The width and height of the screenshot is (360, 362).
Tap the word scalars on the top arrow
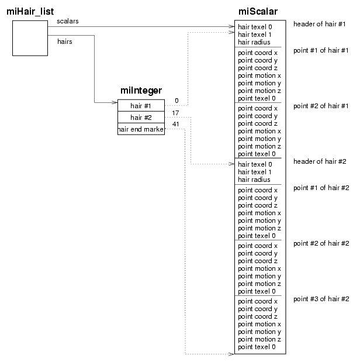68,21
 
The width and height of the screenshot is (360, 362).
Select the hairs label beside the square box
65,42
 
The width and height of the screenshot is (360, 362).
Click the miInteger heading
141,91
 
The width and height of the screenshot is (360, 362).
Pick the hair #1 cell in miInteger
141,105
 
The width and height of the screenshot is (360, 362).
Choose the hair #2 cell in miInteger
141,117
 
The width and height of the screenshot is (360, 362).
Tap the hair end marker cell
141,129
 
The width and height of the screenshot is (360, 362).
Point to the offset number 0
176,101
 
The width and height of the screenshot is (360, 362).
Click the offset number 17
176,112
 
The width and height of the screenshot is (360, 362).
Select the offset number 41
176,124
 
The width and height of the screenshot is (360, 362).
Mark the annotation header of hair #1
320,24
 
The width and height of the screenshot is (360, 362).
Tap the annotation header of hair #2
320,161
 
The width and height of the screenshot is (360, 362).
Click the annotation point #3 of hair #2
321,299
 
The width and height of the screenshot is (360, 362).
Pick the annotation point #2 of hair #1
321,106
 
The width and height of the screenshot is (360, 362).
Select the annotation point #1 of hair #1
321,50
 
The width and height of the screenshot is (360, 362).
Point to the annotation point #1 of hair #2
321,188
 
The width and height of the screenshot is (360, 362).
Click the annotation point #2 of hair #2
321,243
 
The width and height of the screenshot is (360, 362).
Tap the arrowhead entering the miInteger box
114,104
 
